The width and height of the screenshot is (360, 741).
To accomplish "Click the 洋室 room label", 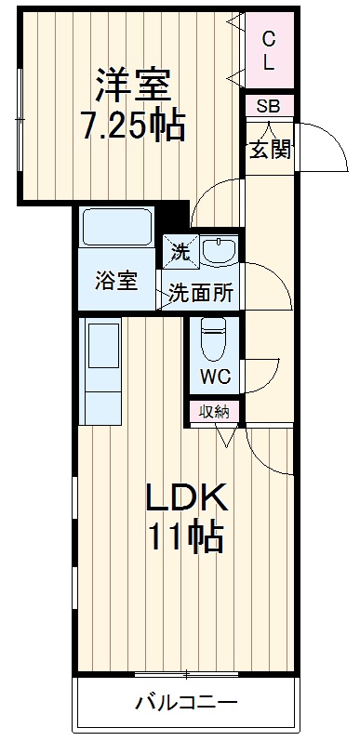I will pyautogui.click(x=132, y=85).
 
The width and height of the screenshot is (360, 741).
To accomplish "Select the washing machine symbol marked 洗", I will pyautogui.click(x=180, y=249).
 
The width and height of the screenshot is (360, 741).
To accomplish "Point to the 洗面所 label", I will pyautogui.click(x=201, y=293).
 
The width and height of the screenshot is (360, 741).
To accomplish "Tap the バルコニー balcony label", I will pyautogui.click(x=187, y=702).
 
